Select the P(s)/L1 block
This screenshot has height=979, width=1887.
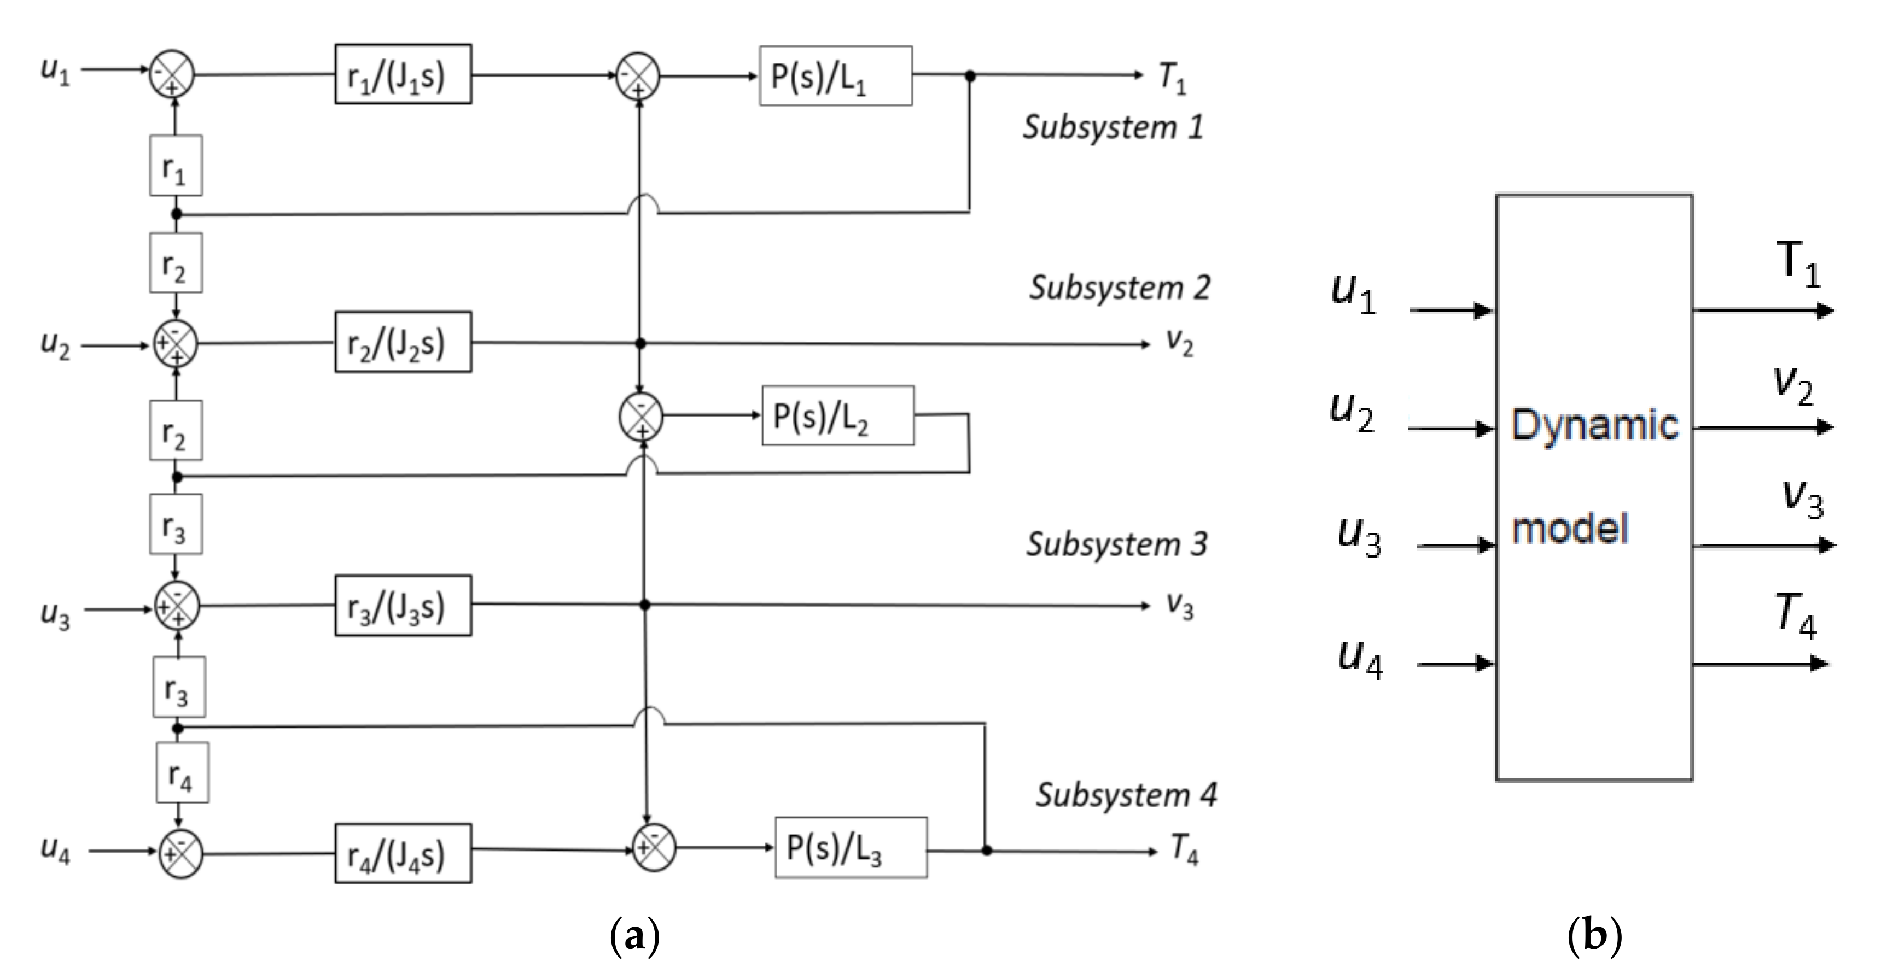[835, 76]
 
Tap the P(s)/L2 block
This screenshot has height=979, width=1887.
[837, 416]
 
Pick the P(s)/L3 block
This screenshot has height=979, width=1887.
[851, 848]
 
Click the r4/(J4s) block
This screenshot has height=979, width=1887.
[403, 854]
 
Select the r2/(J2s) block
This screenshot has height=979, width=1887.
[403, 343]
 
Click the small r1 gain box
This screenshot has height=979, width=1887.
[176, 166]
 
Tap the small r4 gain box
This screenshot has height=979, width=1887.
[182, 772]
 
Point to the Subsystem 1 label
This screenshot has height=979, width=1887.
[1112, 127]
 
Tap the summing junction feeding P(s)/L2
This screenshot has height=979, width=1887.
[641, 417]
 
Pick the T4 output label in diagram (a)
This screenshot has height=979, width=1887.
[1184, 849]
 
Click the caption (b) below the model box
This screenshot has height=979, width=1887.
[1594, 936]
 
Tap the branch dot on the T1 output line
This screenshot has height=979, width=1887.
[970, 75]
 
